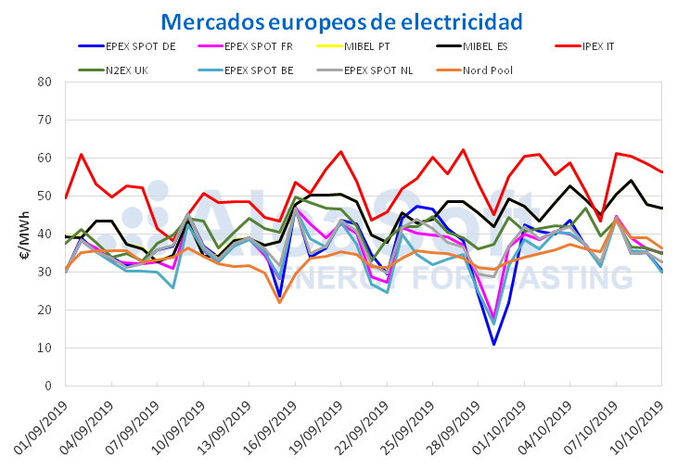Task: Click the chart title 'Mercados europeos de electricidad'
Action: tap(342, 20)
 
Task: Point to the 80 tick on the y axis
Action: tap(44, 82)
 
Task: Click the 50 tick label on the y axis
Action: tap(44, 196)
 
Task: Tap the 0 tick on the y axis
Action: tap(47, 386)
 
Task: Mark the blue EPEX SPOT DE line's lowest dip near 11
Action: tap(493, 345)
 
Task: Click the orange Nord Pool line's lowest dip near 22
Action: tap(279, 302)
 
